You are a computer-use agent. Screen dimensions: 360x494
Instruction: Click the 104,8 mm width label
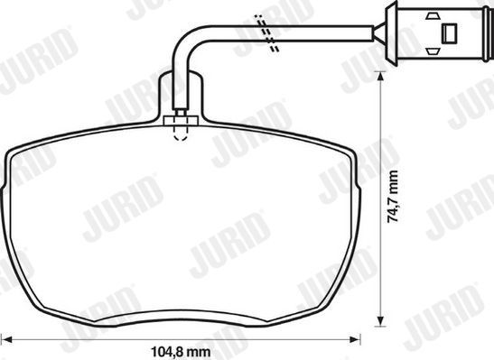(x=180, y=350)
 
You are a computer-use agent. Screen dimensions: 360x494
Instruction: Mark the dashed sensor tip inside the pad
(x=181, y=134)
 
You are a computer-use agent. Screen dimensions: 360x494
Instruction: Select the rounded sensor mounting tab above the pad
(x=180, y=90)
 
